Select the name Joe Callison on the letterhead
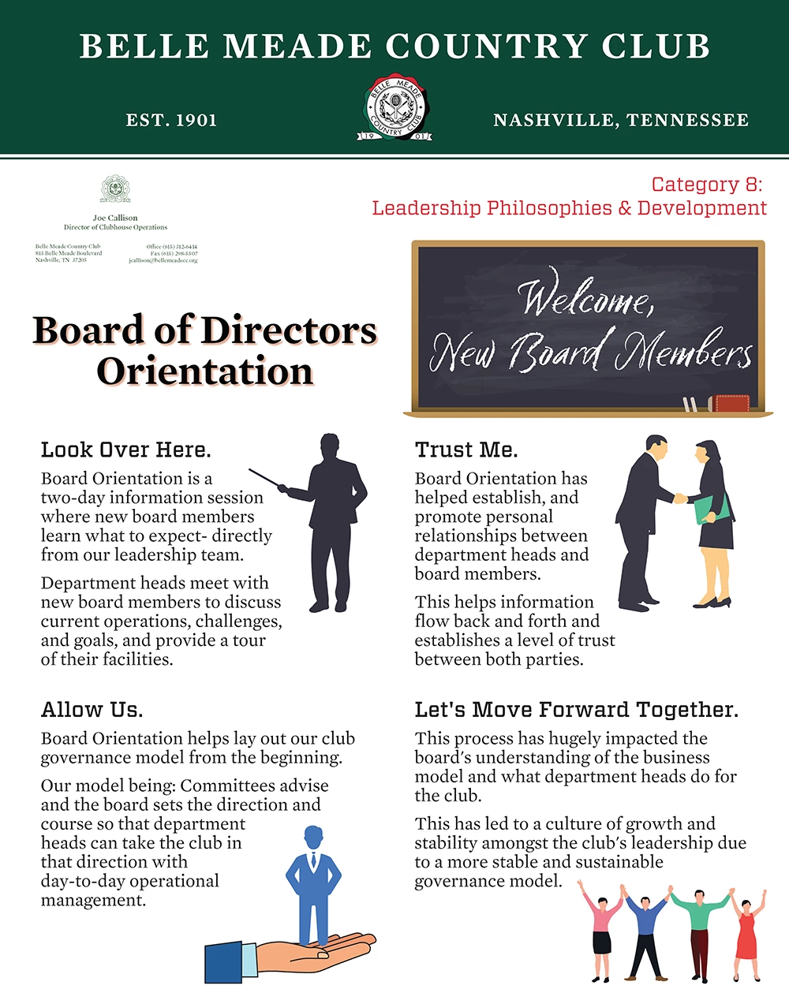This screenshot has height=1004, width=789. [x=115, y=218]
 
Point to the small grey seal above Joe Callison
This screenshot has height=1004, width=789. [x=115, y=189]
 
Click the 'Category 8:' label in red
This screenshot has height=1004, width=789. [x=707, y=185]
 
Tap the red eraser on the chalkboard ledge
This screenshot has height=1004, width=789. [x=729, y=404]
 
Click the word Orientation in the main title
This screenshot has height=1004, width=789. [x=205, y=371]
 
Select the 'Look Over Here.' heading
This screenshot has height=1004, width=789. [x=126, y=450]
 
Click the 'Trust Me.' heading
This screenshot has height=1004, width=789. [x=466, y=450]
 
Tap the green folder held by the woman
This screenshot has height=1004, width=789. [x=712, y=509]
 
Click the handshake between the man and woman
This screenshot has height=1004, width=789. [x=679, y=498]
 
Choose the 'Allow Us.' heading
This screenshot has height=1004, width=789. [x=92, y=710]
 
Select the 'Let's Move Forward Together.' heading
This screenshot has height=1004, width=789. [x=577, y=710]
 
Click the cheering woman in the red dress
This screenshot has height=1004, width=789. [x=746, y=935]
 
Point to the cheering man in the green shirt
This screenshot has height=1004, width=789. [x=699, y=931]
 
